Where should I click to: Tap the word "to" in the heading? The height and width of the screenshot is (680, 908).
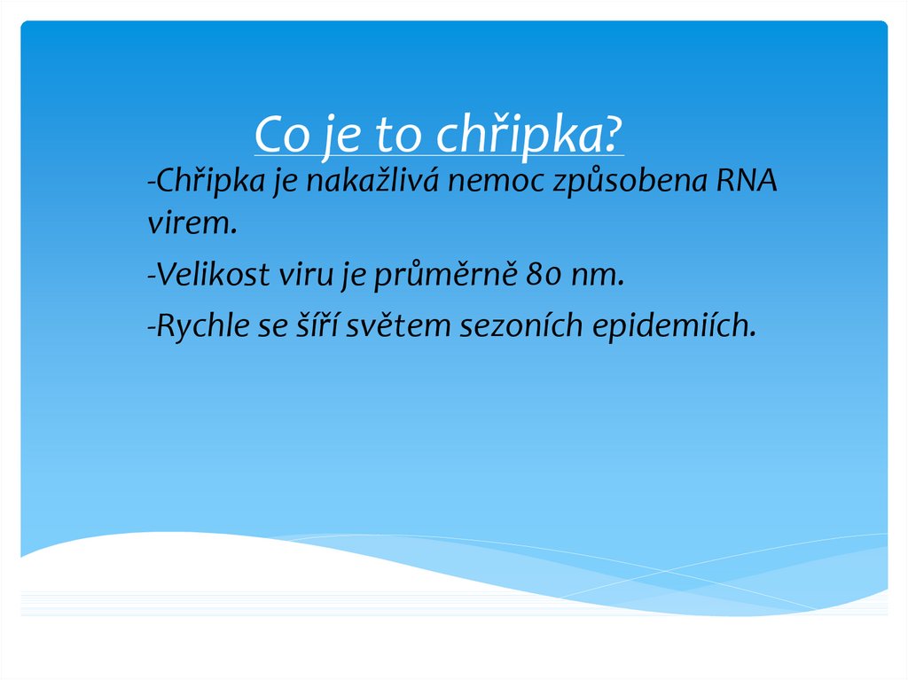pos(396,136)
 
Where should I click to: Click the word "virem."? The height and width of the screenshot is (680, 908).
pos(192,224)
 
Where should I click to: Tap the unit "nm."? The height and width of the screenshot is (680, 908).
pos(598,276)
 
